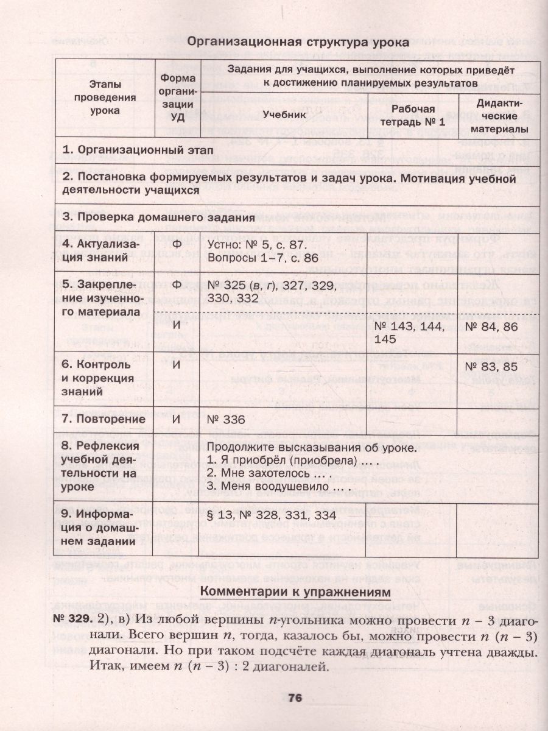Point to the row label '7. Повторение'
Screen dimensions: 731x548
(x=104, y=419)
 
